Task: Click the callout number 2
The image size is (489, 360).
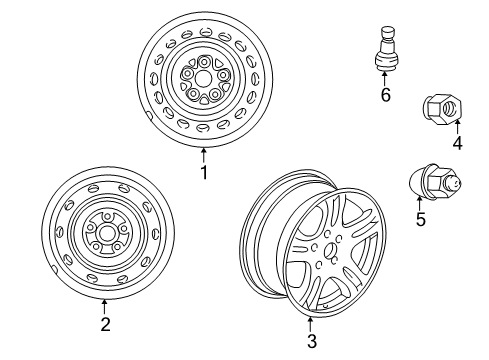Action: [x=104, y=323]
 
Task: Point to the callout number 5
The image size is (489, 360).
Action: [x=420, y=219]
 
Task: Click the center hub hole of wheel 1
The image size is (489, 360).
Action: [x=203, y=76]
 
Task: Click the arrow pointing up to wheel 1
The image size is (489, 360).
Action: [x=203, y=154]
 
